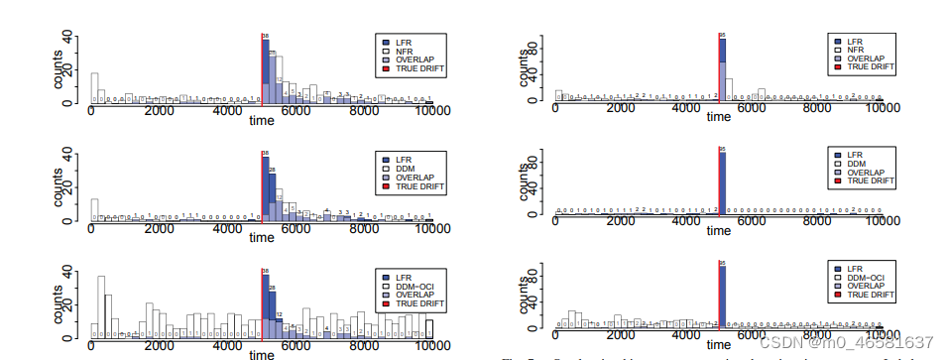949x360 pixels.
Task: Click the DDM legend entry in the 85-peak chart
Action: pos(856,165)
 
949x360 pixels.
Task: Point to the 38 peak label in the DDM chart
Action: pos(265,155)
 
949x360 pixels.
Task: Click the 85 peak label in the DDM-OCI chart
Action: pos(723,265)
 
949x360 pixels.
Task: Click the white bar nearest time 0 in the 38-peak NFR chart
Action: pos(94,87)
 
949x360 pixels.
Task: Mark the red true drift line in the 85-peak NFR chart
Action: pos(719,69)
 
